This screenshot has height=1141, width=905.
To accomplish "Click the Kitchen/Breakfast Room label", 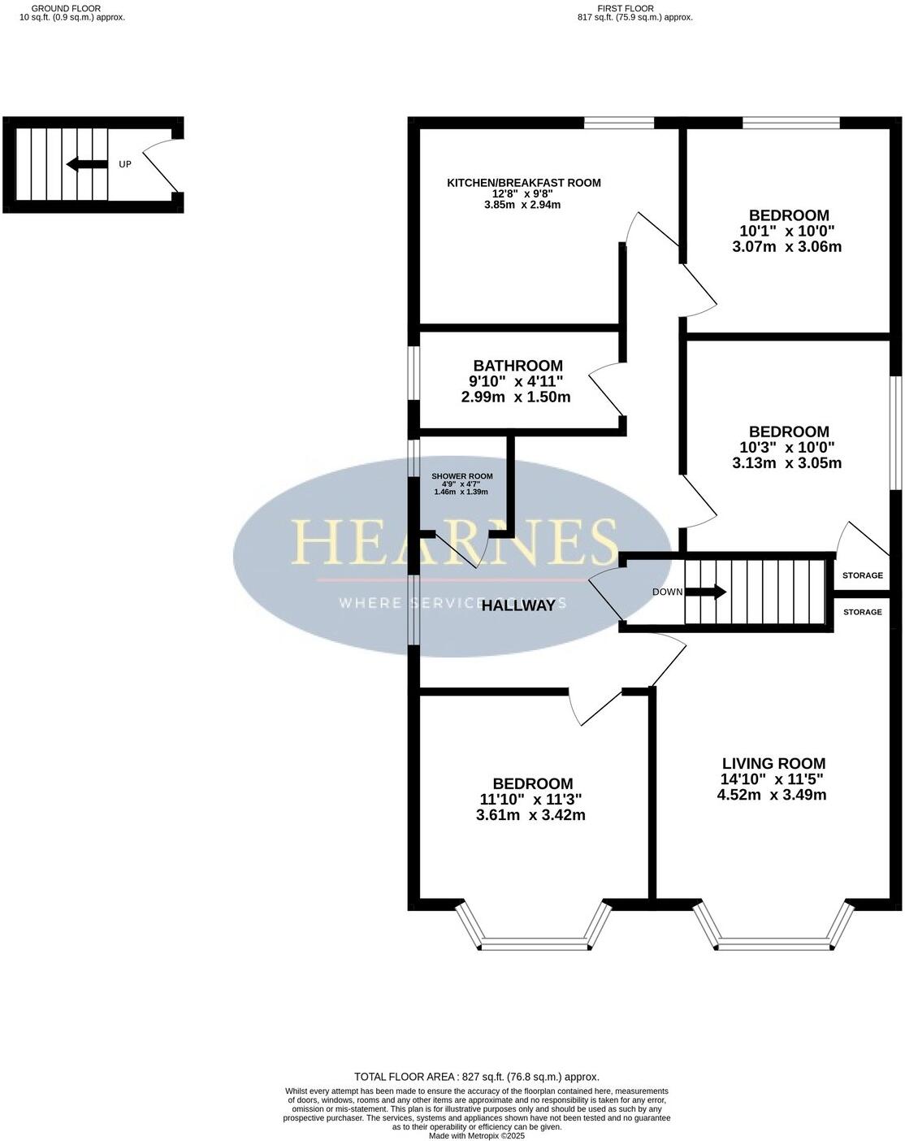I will [524, 183].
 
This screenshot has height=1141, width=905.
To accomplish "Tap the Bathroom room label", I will [518, 366].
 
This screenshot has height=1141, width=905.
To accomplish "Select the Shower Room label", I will [461, 476].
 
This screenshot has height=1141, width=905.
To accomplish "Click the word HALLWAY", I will [519, 605].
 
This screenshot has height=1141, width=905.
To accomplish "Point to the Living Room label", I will [773, 764].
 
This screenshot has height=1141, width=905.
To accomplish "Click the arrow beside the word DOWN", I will [708, 592].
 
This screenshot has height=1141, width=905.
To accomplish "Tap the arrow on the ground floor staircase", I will [86, 165].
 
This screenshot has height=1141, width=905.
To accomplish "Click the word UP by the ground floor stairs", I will [125, 165].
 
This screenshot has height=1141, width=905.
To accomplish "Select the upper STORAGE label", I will [862, 575].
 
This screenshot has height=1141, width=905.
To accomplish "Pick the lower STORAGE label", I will [862, 612].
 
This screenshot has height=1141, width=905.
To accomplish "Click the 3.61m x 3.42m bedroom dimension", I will [530, 815].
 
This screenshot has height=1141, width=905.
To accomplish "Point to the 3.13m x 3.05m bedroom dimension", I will [786, 463].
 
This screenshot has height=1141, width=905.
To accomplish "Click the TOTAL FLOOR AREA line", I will [477, 1077].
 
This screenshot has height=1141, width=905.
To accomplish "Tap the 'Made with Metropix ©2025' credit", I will [477, 1136].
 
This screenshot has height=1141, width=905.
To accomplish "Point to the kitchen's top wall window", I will [619, 124].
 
